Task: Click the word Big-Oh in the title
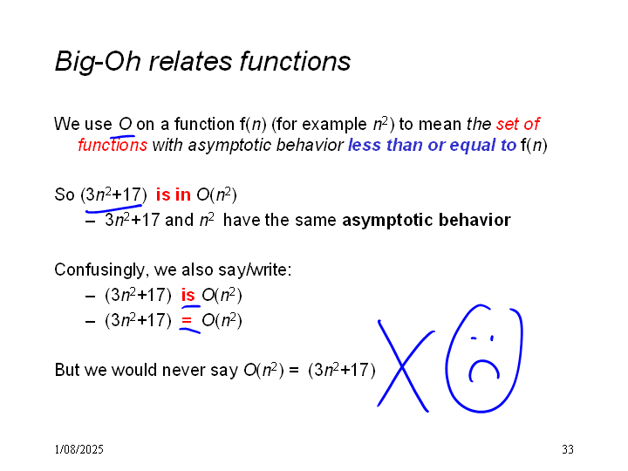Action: point(98,62)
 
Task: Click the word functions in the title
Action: point(295,61)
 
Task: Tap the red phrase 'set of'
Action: point(518,124)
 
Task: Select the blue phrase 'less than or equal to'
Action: point(432,145)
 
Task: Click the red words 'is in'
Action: point(173,195)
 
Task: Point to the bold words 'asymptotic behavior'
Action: point(427,221)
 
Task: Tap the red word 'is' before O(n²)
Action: point(188,295)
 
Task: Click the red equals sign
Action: point(187,320)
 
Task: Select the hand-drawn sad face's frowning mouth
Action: point(484,368)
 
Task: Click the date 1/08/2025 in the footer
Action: point(78,449)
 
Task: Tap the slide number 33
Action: point(568,449)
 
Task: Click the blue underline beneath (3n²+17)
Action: point(113,208)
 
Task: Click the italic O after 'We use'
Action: point(126,124)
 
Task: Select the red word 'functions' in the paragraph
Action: point(113,145)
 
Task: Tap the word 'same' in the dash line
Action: point(317,221)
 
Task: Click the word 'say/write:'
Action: point(255,270)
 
